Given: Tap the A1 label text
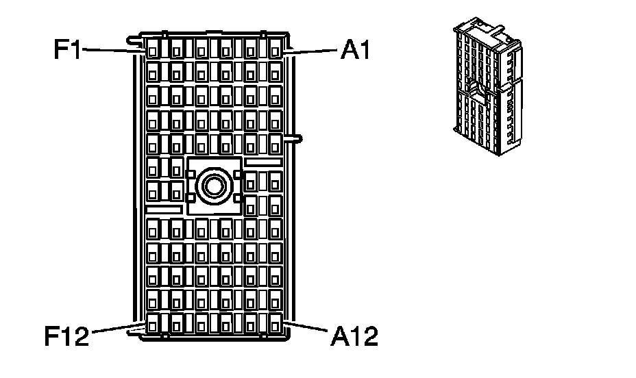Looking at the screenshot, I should (355, 51).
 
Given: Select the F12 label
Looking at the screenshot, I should (66, 336).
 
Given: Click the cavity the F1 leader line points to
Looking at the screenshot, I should (153, 49).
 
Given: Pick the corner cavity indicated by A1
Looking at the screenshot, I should (276, 49).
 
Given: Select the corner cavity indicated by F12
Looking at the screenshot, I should (153, 323).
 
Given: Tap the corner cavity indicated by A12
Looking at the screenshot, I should (276, 323).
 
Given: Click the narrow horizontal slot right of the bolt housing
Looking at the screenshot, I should (262, 161).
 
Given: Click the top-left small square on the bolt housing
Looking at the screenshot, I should (191, 174).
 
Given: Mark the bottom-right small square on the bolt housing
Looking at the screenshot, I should (238, 199).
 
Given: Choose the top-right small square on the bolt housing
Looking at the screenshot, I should (238, 174).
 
